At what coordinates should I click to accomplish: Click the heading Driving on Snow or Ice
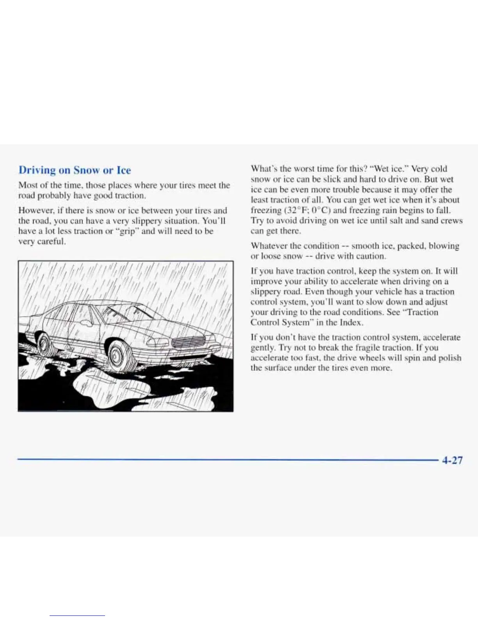coord(75,170)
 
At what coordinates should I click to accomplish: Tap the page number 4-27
coord(452,460)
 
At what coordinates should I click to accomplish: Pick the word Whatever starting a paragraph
coord(269,246)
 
